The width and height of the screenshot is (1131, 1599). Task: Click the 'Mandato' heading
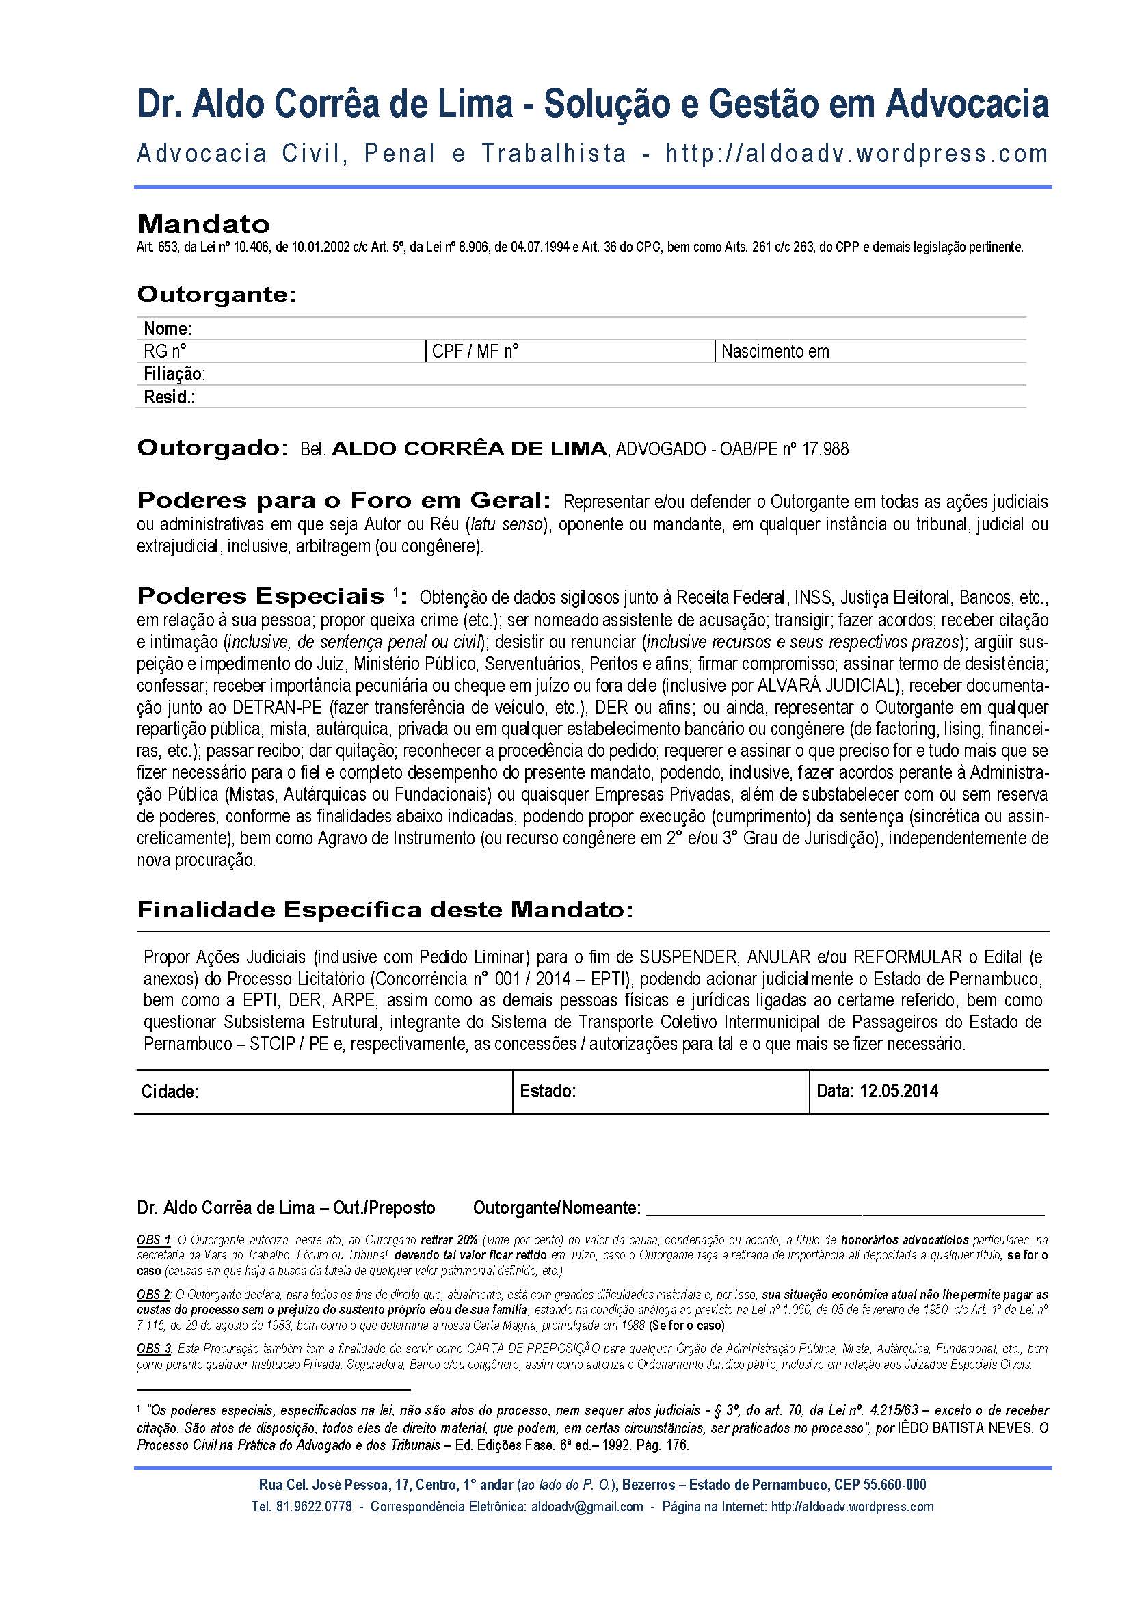point(203,224)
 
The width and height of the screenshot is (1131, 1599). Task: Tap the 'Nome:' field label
point(167,329)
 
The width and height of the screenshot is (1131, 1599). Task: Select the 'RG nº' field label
point(164,351)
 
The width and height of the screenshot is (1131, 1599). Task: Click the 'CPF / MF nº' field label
point(475,351)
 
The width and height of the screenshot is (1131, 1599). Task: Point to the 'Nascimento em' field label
point(775,351)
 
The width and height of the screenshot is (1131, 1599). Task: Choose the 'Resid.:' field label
point(169,397)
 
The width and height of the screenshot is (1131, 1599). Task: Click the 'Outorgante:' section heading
point(217,295)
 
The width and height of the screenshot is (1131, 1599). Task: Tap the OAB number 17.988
point(825,449)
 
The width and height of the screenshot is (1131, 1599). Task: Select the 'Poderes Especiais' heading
point(261,596)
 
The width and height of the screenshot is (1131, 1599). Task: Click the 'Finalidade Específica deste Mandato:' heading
point(385,909)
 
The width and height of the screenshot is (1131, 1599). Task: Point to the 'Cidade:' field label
point(170,1091)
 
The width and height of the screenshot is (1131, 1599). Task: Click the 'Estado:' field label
point(548,1090)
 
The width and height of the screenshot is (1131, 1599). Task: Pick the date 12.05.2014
point(899,1090)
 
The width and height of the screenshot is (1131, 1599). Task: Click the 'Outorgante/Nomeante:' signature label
point(557,1207)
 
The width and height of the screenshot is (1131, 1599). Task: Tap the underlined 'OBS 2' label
point(153,1295)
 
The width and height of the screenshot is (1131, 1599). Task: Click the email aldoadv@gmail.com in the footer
point(587,1507)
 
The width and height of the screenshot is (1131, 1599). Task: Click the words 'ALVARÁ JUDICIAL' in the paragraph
point(829,685)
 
